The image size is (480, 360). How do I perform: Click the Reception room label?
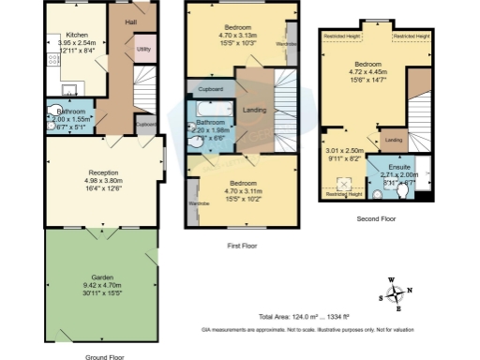103,172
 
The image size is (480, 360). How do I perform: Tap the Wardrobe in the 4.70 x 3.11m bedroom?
198,203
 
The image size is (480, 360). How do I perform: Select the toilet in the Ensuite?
404,190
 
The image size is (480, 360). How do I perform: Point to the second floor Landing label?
394,141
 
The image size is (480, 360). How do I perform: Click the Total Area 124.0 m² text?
291,315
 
